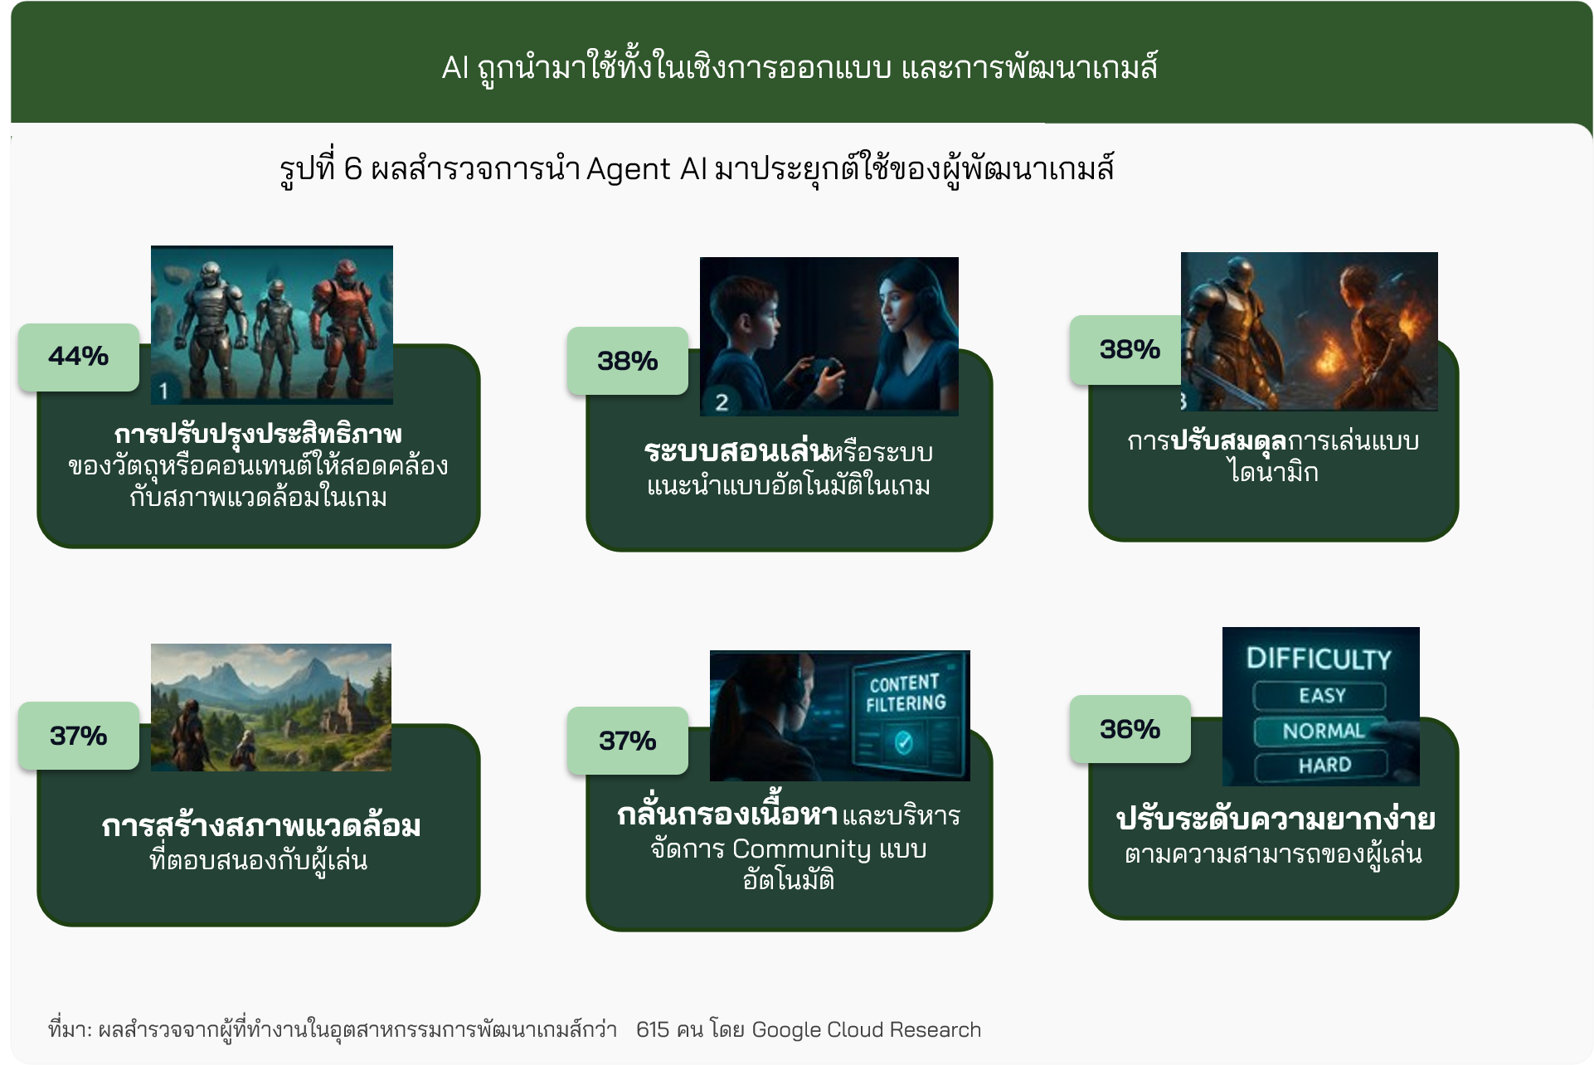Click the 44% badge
pyautogui.click(x=79, y=357)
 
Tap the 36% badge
pyautogui.click(x=1130, y=729)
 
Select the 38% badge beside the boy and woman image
pyautogui.click(x=628, y=361)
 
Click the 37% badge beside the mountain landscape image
pyautogui.click(x=79, y=736)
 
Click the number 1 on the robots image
pyautogui.click(x=163, y=391)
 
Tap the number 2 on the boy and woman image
pyautogui.click(x=722, y=402)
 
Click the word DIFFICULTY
pyautogui.click(x=1319, y=659)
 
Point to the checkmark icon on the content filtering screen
pyautogui.click(x=904, y=742)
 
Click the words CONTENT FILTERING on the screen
pyautogui.click(x=905, y=693)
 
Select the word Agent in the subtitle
pyautogui.click(x=629, y=170)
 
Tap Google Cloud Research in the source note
pyautogui.click(x=866, y=1030)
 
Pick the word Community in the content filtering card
pyautogui.click(x=801, y=849)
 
